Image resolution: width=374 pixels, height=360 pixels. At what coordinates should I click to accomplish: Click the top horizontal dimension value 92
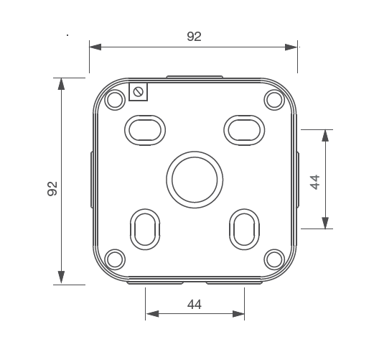(194, 37)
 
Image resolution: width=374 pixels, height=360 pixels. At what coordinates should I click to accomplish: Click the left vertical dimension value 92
(52, 189)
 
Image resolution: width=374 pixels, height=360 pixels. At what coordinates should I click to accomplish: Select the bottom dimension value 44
(194, 304)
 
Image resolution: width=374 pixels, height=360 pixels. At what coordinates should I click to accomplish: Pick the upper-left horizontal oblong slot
(144, 129)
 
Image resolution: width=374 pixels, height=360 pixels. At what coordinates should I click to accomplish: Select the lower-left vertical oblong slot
(144, 229)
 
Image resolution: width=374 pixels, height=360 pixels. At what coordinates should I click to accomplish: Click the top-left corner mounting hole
(114, 100)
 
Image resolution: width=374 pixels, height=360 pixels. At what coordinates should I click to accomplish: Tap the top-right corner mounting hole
(274, 100)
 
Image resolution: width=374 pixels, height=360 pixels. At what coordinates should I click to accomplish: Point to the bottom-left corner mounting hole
(114, 259)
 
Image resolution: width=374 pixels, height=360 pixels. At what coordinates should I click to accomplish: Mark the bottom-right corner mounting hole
(274, 259)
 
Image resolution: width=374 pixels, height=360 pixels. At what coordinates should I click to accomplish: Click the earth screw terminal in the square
(139, 91)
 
